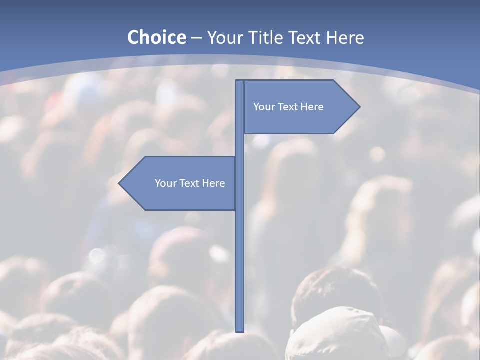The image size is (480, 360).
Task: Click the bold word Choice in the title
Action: pos(156,37)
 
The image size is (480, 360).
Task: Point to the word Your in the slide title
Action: pos(225,38)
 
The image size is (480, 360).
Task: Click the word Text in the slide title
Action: pos(305,37)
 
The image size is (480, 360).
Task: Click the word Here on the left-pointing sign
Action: pos(214,183)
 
